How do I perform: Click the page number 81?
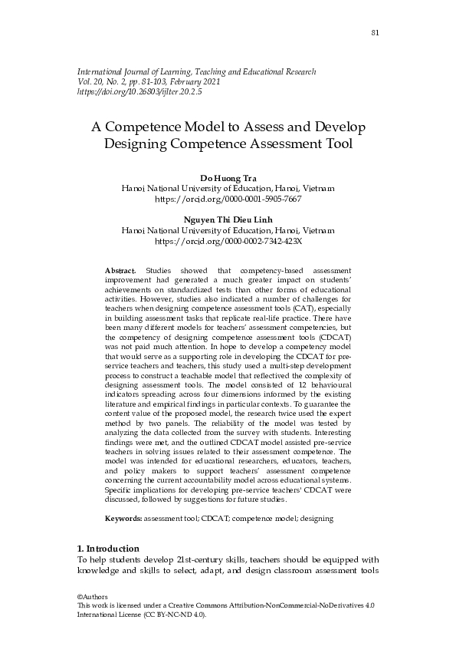pos(376,32)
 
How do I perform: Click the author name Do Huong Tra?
pos(228,178)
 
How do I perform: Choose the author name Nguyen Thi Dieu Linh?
pos(228,220)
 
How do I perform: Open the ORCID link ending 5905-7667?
pos(228,198)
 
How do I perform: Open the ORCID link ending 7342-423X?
pos(228,240)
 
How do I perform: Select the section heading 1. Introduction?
pos(108,549)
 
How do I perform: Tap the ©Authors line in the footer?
pos(93,597)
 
